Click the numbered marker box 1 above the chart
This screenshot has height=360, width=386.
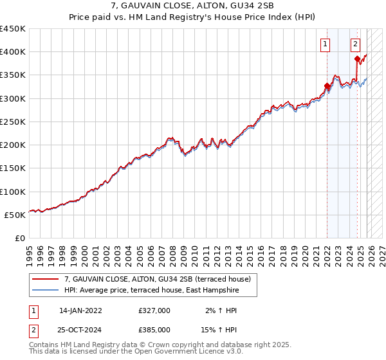[x=326, y=44]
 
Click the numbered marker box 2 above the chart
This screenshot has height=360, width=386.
[x=355, y=44]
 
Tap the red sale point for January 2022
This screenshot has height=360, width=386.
[x=327, y=86]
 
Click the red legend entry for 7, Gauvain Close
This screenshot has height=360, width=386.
[x=161, y=278]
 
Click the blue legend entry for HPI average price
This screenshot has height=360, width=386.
[x=151, y=291]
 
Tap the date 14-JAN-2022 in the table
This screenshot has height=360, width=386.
[x=80, y=310]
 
